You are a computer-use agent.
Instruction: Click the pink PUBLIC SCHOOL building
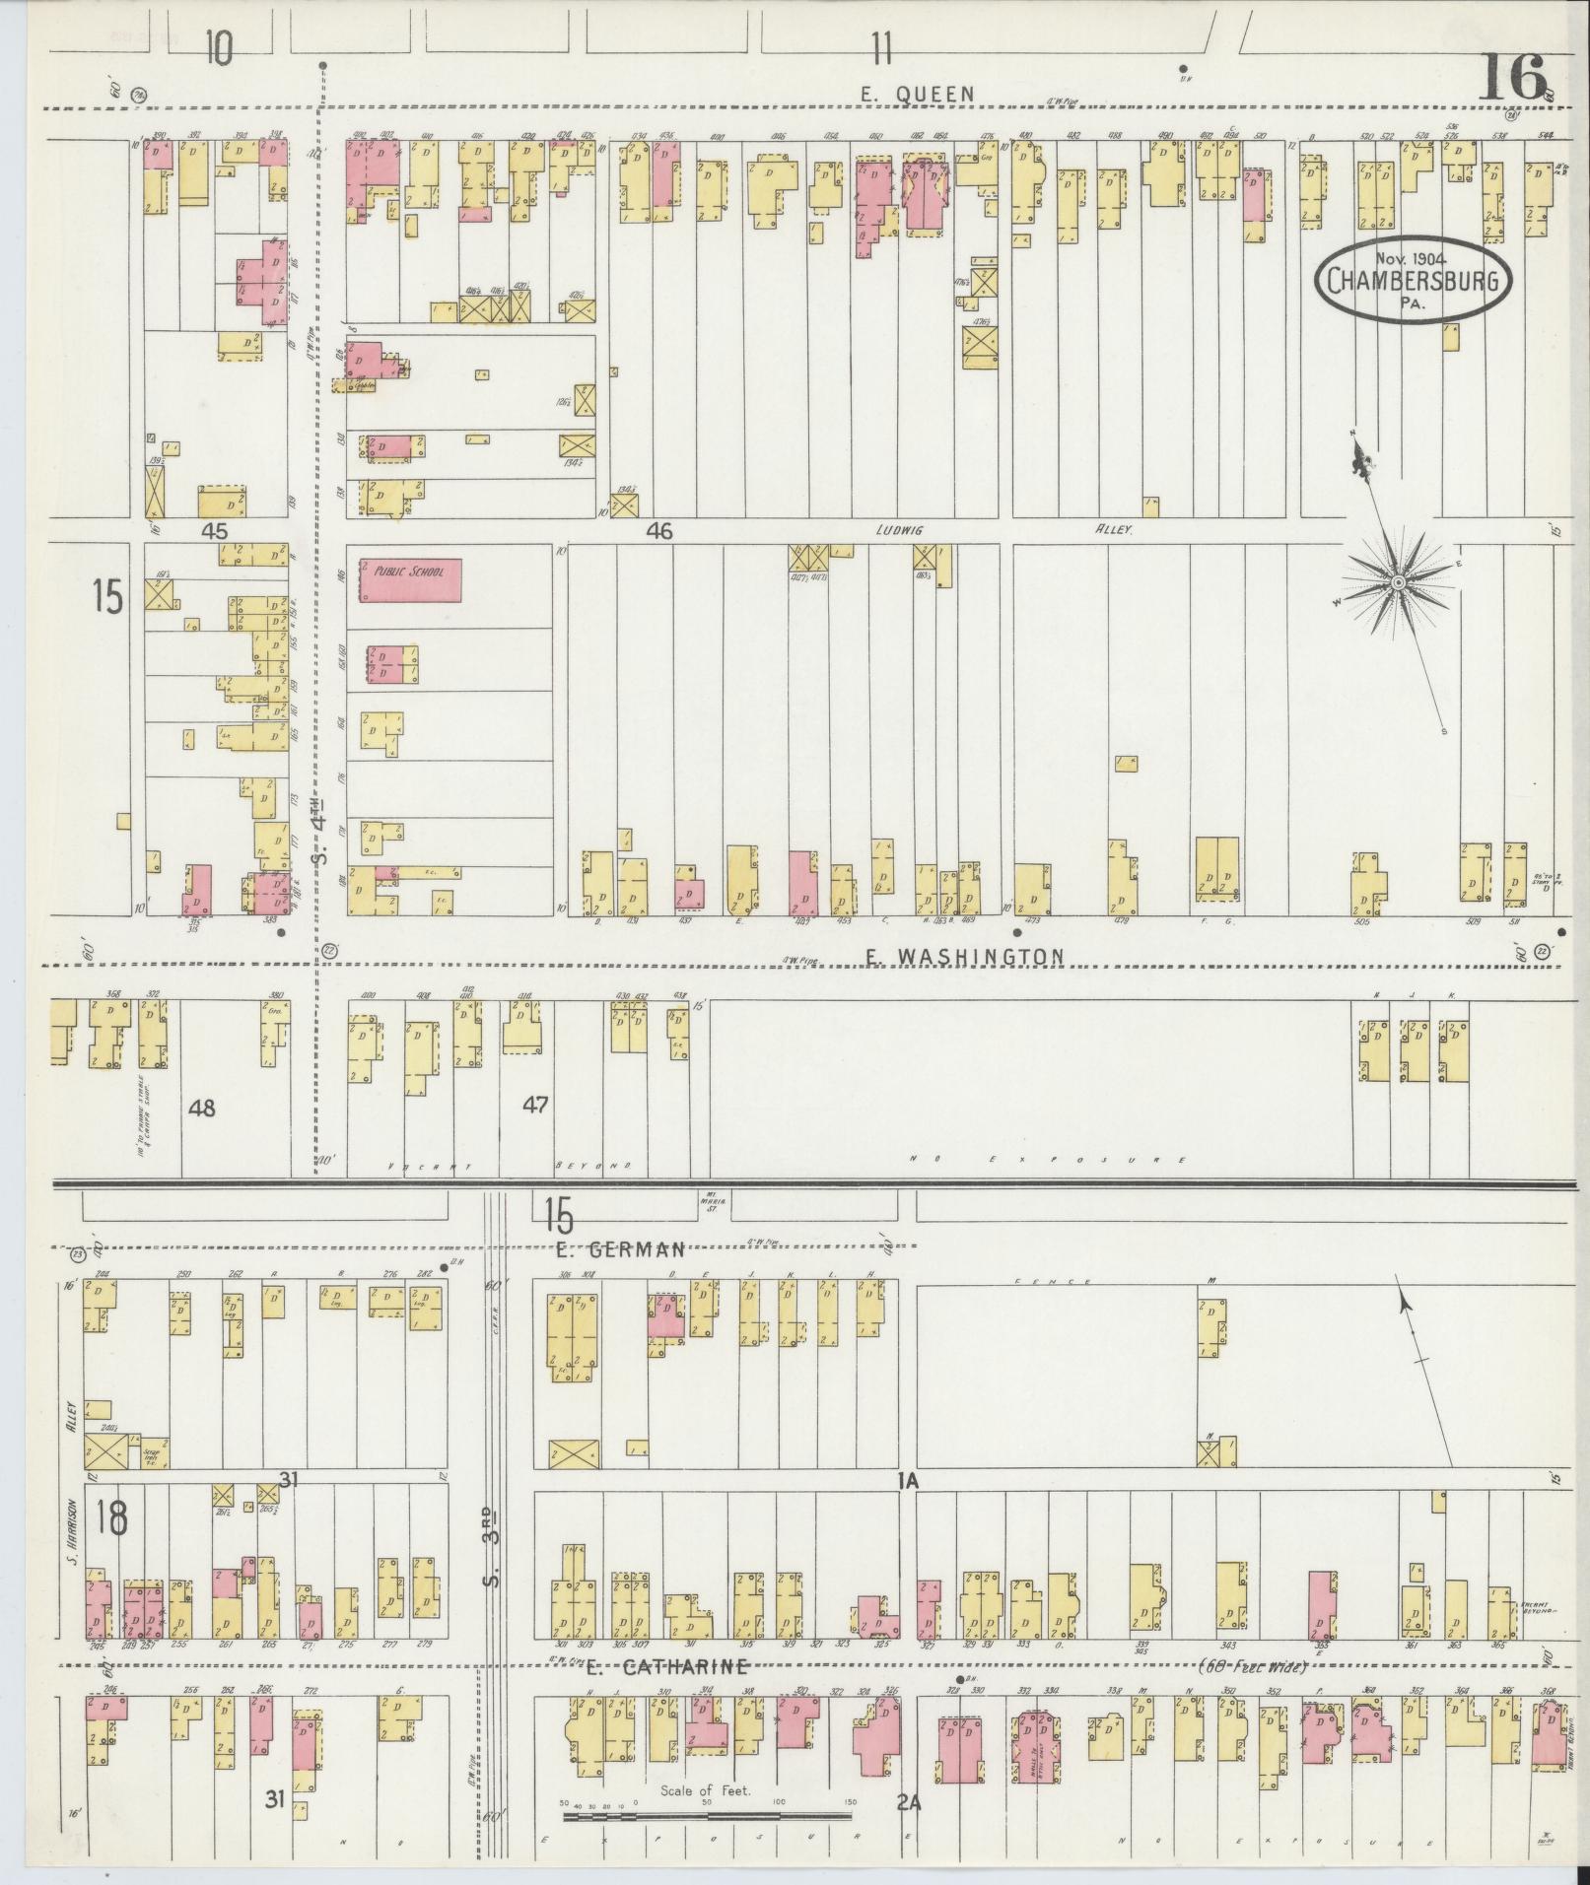[410, 580]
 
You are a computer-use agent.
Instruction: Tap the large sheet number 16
[1511, 78]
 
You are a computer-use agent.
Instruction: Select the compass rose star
[1398, 584]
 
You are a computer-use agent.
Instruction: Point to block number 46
[659, 532]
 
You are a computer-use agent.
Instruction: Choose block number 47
[535, 1105]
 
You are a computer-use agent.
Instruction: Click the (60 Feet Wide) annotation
[1253, 1667]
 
